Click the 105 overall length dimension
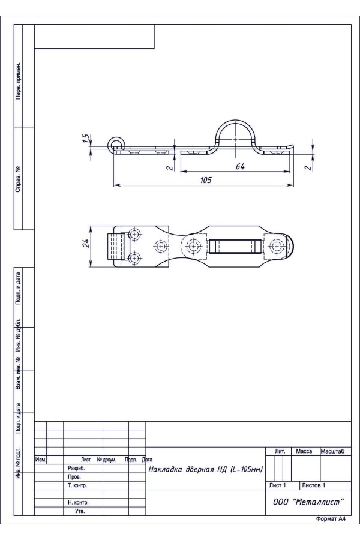click(206, 180)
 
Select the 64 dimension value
click(240, 166)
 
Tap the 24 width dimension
click(86, 243)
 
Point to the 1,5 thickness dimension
click(87, 138)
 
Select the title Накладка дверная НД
click(206, 469)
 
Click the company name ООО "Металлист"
click(308, 502)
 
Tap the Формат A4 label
click(331, 519)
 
